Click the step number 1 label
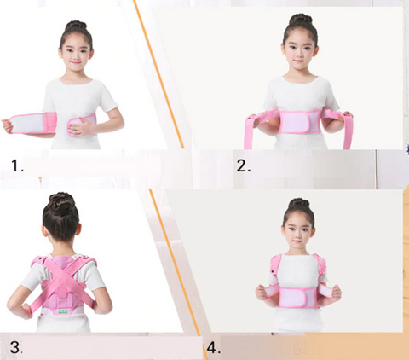click(17, 165)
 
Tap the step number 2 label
click(244, 165)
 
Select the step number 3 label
click(16, 347)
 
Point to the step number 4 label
click(214, 347)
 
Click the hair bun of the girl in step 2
click(301, 19)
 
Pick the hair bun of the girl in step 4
click(299, 203)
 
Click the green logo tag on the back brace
click(65, 311)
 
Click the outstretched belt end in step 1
click(30, 124)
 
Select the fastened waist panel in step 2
click(299, 122)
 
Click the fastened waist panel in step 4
click(298, 297)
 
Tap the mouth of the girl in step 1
click(76, 61)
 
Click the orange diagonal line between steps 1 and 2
click(158, 74)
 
